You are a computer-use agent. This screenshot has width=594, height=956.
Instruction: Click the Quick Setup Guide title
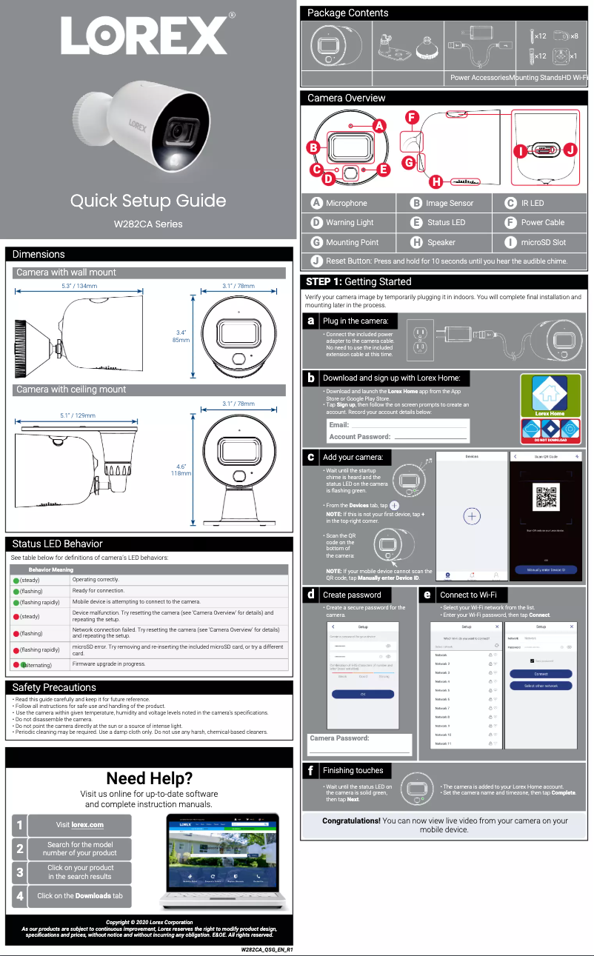point(148,201)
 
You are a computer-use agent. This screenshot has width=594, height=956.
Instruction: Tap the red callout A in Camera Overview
point(380,126)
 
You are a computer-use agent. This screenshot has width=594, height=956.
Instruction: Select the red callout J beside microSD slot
point(570,150)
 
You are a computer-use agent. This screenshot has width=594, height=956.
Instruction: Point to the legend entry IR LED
point(532,203)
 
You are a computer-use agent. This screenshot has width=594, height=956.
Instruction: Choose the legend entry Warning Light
point(350,222)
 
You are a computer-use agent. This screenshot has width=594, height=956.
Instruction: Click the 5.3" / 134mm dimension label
point(79,286)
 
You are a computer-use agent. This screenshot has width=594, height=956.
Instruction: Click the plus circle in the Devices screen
point(473,516)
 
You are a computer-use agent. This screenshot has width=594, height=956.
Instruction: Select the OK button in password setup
point(363,694)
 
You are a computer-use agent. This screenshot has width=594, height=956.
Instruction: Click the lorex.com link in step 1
point(87,825)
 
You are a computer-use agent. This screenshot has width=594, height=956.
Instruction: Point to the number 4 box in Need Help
point(20,896)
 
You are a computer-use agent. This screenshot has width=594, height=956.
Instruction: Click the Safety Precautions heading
point(54,687)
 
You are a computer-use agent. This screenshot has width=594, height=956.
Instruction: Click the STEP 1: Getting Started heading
point(358,281)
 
